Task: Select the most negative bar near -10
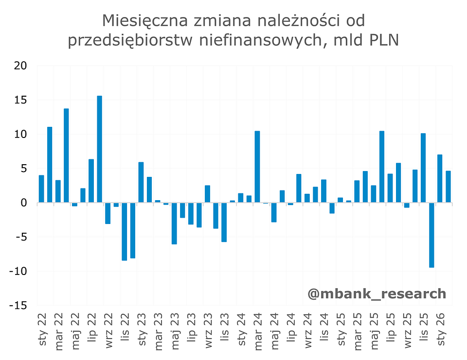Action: tap(431, 235)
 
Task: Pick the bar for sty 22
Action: tap(41, 189)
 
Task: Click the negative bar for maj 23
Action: tap(174, 223)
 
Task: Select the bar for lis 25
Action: tap(423, 168)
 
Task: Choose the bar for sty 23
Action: tap(141, 182)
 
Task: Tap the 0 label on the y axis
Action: tap(23, 203)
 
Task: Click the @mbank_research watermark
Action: tap(377, 293)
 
